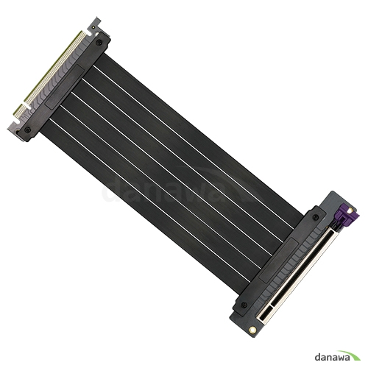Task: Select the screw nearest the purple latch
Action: (318, 218)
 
